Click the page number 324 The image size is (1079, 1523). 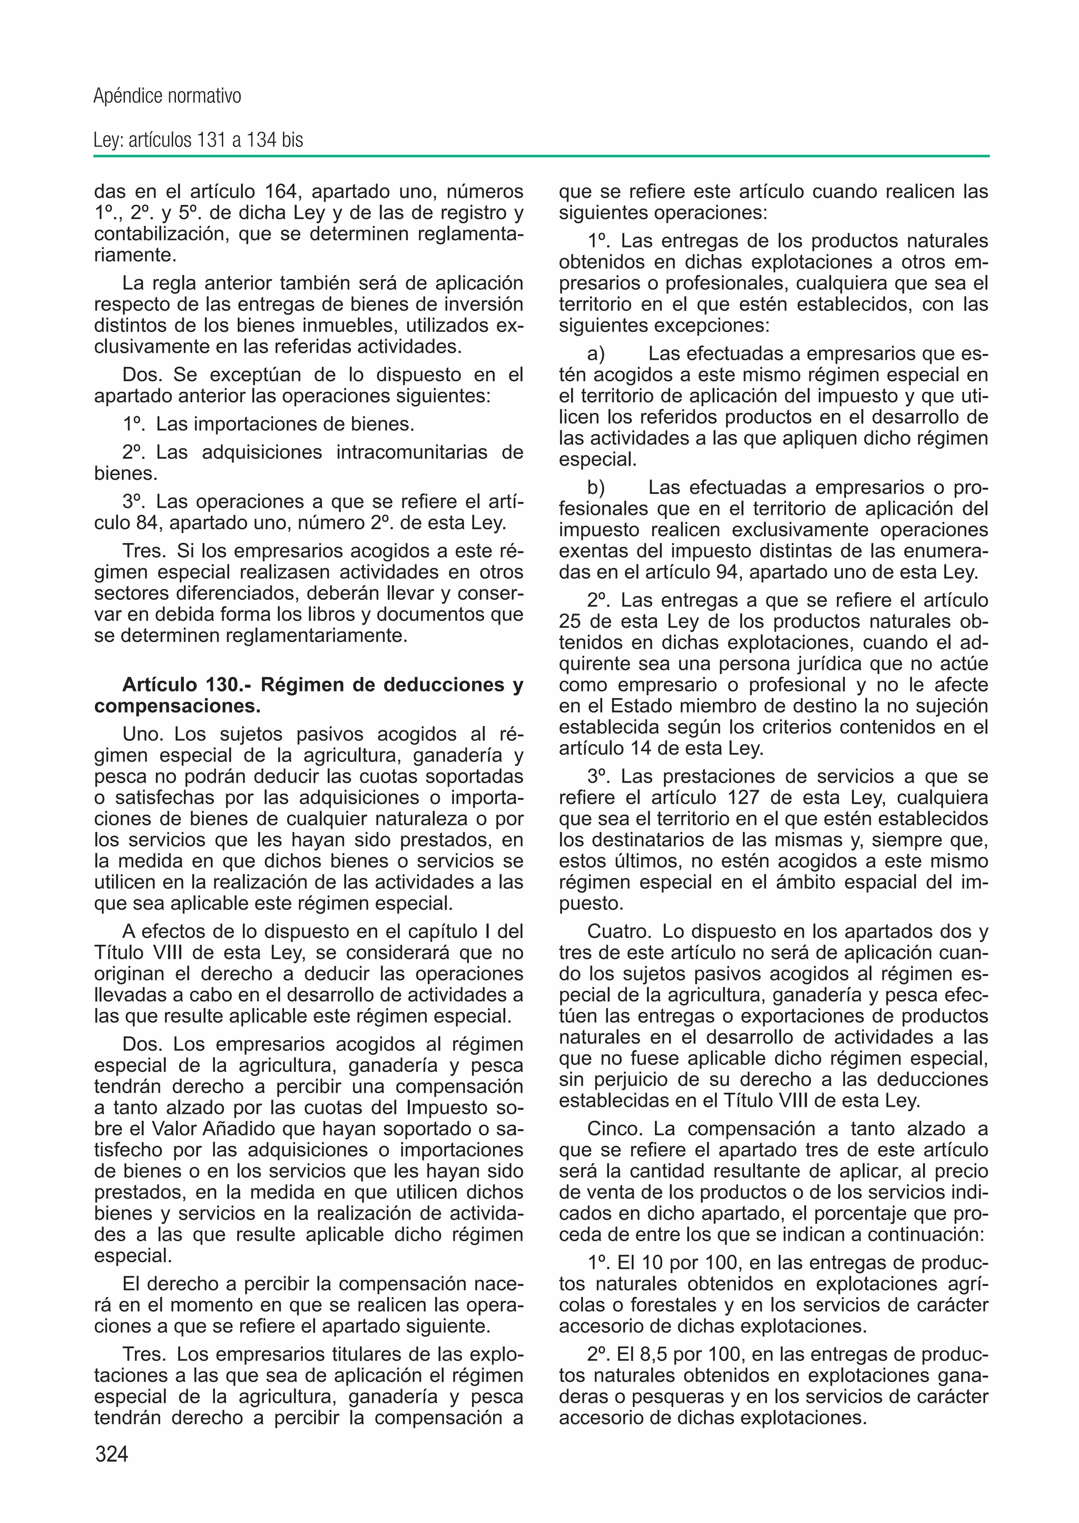(x=112, y=1454)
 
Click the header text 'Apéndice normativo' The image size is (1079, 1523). (x=167, y=96)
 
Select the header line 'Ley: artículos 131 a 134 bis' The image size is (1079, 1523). (x=198, y=140)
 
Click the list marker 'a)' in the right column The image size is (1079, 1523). (x=595, y=354)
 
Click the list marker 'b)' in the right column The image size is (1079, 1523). (x=595, y=488)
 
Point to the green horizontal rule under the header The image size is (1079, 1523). (x=541, y=157)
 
